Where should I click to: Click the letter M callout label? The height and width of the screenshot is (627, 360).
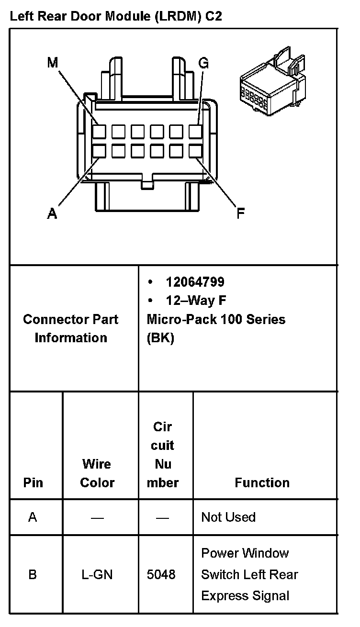[x=52, y=62]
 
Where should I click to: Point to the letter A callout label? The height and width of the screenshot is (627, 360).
[x=52, y=213]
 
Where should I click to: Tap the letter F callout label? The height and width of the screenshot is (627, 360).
[x=241, y=213]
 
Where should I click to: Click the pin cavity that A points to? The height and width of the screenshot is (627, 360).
[x=100, y=151]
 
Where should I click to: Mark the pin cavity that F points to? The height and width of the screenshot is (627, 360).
[x=195, y=151]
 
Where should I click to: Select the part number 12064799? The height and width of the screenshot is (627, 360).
[x=195, y=282]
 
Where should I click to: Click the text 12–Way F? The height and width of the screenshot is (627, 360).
[x=196, y=301]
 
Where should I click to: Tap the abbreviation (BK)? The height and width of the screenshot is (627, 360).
[x=160, y=338]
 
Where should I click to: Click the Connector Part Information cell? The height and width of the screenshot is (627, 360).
[x=71, y=328]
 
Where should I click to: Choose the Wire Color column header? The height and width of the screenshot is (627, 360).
[x=97, y=473]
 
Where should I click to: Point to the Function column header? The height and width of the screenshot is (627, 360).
[x=262, y=482]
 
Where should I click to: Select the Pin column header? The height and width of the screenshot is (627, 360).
[x=33, y=482]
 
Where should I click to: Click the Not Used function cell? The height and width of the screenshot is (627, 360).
[x=228, y=517]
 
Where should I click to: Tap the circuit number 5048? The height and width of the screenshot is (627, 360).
[x=161, y=574]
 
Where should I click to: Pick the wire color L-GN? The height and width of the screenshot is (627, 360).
[x=97, y=574]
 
